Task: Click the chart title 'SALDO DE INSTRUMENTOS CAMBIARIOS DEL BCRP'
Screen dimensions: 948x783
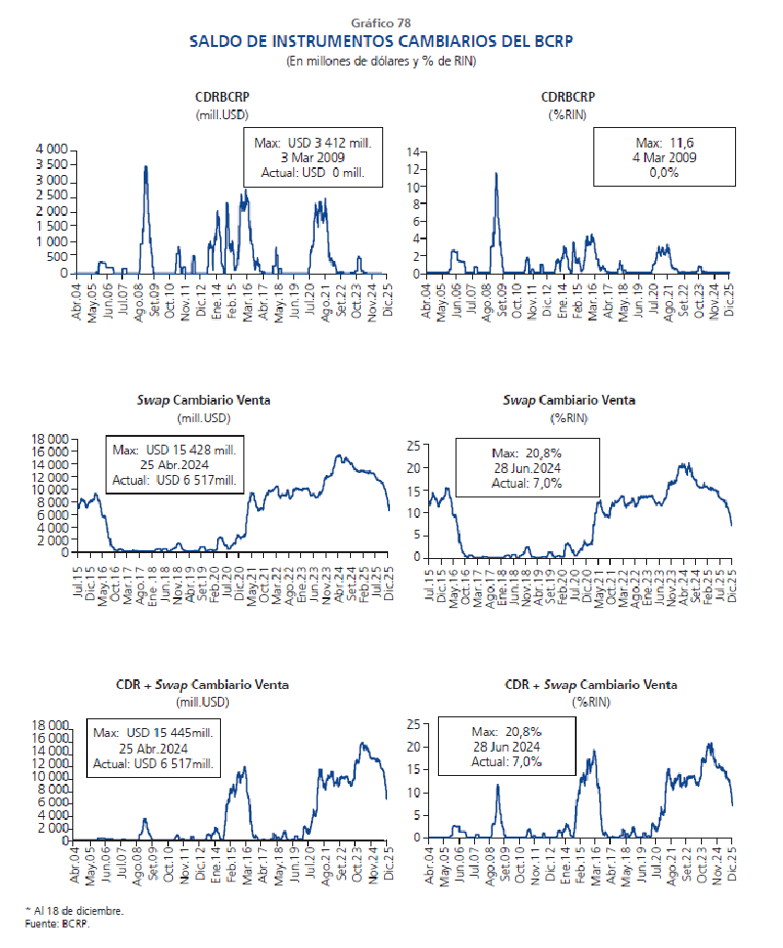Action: pos(380,41)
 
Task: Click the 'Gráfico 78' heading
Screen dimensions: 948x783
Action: pos(380,22)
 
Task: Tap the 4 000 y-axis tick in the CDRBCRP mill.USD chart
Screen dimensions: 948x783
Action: pos(51,149)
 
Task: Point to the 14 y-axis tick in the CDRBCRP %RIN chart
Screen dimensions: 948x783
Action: pos(414,152)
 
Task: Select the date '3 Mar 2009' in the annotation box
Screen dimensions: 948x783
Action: pos(312,157)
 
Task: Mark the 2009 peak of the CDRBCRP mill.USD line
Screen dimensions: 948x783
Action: pos(146,167)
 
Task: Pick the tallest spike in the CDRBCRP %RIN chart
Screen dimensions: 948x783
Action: pos(496,174)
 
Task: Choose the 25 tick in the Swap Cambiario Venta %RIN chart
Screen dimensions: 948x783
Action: pos(414,446)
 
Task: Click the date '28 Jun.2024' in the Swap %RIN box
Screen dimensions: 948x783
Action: pos(526,468)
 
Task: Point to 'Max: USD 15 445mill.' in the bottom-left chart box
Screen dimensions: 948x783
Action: pos(153,732)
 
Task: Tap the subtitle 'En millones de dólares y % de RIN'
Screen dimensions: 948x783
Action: pos(380,61)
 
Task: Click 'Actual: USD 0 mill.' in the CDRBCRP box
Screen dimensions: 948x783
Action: pos(312,173)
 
